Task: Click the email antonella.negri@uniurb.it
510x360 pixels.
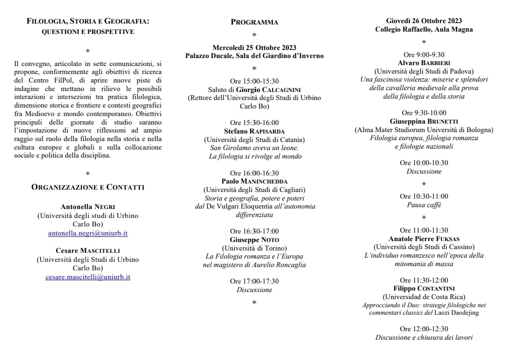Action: pos(88,233)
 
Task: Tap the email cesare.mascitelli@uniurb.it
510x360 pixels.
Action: pos(88,277)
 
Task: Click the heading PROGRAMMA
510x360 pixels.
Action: pos(255,22)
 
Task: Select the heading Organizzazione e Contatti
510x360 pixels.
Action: pos(88,187)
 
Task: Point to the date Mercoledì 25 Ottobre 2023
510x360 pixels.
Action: pos(255,47)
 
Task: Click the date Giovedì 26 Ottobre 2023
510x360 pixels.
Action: pos(424,21)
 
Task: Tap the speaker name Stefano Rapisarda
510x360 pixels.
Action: pos(255,131)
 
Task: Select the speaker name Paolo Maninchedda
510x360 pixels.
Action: pos(255,181)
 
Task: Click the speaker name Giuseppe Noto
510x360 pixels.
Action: pos(255,239)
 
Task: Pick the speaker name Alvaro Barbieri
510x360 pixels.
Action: pos(424,63)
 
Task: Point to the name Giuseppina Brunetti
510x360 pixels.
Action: pos(424,121)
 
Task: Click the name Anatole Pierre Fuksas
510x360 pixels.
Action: pos(424,239)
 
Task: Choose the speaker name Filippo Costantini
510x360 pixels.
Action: pos(424,288)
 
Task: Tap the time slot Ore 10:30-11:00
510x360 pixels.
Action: pos(424,196)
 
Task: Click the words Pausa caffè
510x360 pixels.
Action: pos(424,205)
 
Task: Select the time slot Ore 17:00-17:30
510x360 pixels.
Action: pos(255,281)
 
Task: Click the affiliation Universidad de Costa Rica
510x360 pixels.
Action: pos(424,297)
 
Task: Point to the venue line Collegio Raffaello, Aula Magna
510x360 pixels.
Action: pos(424,29)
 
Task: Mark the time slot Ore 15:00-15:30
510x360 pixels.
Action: pos(255,81)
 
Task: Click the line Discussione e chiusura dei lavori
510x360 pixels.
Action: pos(424,337)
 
